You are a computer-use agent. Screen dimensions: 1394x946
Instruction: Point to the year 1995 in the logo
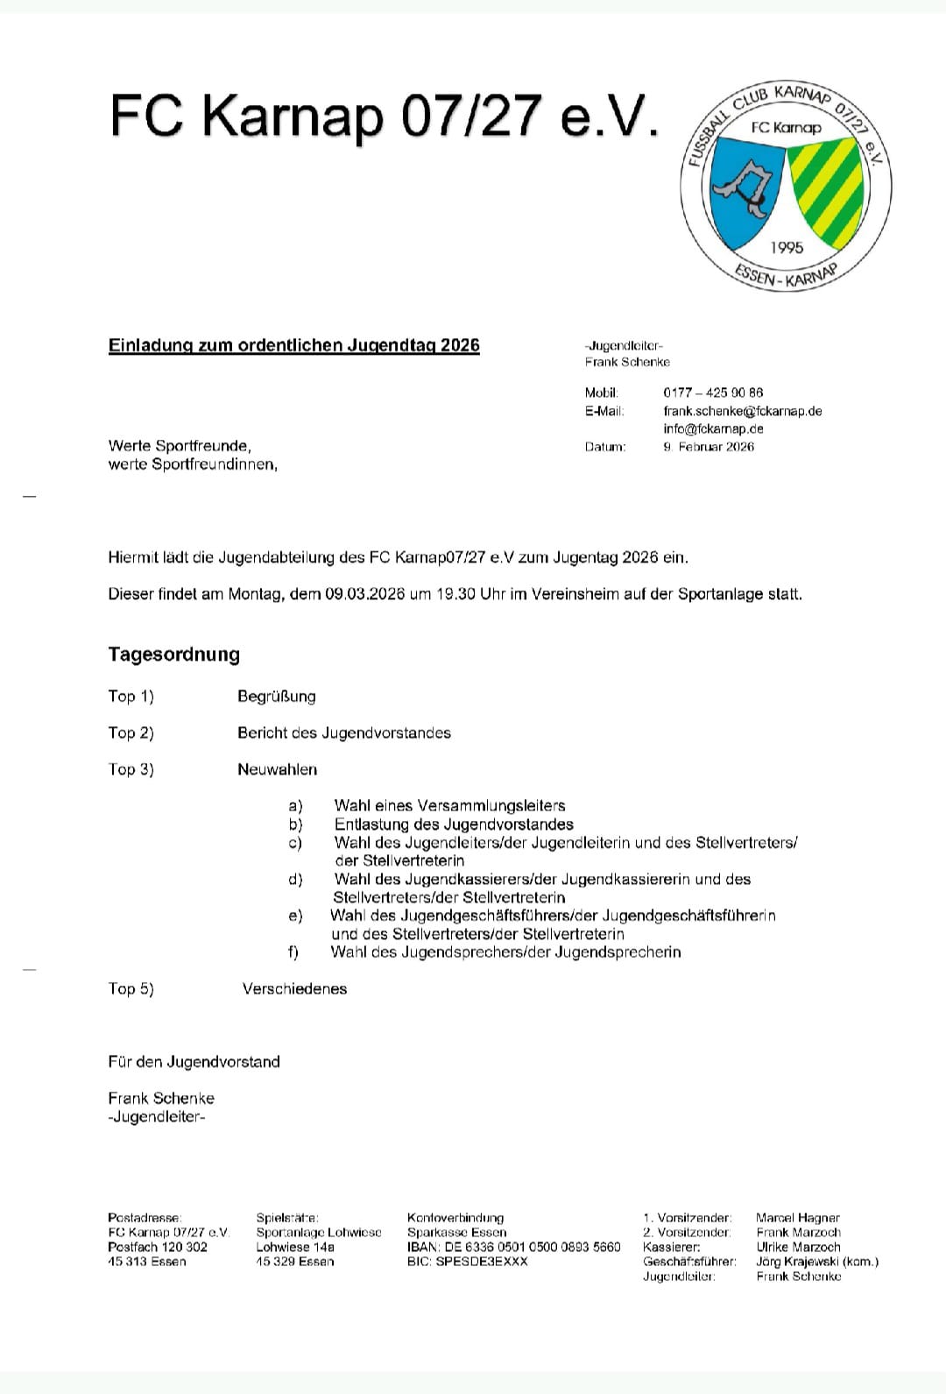787,248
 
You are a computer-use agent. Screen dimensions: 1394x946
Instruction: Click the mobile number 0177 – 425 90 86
712,393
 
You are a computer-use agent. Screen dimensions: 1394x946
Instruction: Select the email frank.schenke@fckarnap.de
742,411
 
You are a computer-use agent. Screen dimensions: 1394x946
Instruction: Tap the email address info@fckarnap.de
713,428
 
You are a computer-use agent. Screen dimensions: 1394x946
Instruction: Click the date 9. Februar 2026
709,447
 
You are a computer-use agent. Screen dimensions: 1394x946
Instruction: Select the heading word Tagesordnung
173,655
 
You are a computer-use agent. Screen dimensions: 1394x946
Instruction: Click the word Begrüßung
276,697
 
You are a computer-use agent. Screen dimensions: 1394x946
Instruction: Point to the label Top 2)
131,732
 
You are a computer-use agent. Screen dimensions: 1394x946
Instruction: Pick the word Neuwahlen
277,769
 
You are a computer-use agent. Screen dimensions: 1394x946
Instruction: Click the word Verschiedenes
294,988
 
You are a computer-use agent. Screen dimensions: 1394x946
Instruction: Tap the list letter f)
293,952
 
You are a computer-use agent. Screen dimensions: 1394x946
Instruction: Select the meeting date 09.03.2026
364,594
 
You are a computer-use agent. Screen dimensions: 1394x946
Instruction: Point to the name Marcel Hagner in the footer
797,1218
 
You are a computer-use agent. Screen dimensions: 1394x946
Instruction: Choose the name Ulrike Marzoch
798,1247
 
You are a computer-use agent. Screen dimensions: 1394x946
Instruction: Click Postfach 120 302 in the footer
158,1247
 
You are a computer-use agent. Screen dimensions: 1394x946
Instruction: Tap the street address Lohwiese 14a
294,1247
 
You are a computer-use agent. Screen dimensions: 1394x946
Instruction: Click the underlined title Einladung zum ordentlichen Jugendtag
293,345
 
